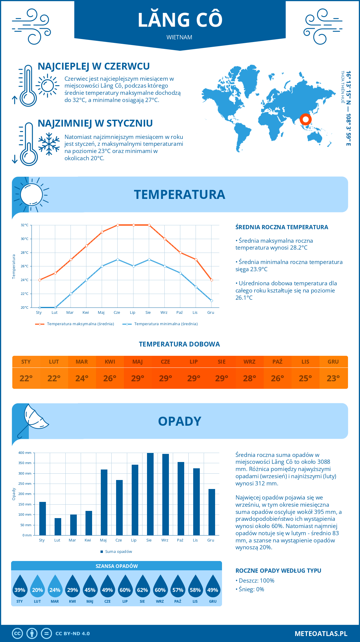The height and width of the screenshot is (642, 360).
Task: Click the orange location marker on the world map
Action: [305, 119]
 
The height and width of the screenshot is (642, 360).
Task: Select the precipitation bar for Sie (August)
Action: [150, 494]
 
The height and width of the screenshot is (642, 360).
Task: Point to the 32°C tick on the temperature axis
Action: [25, 225]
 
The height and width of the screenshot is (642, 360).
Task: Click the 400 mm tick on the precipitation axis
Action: [25, 453]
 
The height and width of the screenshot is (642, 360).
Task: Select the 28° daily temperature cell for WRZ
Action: [250, 378]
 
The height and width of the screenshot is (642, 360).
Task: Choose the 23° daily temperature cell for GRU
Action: [333, 378]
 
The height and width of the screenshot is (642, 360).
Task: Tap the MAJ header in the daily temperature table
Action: [138, 362]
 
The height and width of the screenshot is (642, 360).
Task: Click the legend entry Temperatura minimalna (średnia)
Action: [160, 324]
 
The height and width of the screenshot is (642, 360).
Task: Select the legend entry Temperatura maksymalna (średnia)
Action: [75, 324]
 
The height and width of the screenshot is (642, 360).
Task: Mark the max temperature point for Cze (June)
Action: [118, 225]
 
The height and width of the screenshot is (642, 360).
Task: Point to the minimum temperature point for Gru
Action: [211, 301]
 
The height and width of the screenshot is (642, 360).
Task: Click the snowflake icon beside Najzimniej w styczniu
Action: [49, 144]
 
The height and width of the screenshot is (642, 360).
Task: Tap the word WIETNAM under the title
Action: [179, 37]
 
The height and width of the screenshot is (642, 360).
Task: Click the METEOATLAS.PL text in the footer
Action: [321, 634]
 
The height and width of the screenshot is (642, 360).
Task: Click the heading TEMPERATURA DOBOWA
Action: [179, 344]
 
